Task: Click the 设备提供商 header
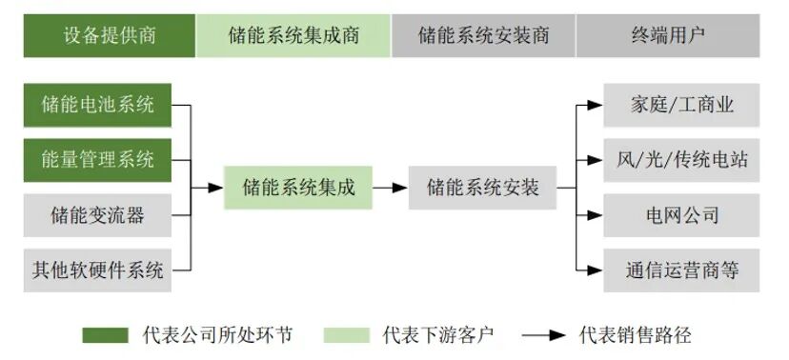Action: tap(110, 35)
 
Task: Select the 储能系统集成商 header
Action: tap(293, 35)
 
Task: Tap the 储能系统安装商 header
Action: tap(483, 35)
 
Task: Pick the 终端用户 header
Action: tap(667, 35)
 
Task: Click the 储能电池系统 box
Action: tap(98, 105)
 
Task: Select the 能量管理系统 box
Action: tap(98, 159)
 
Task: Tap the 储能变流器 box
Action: tap(98, 214)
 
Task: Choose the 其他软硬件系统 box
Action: tap(98, 270)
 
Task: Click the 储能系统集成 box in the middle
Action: tap(298, 188)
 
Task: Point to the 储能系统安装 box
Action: tap(483, 188)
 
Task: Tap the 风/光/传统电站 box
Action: tap(681, 159)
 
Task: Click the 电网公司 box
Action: tap(681, 214)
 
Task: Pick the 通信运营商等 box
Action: tap(681, 270)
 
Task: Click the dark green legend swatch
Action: tap(105, 335)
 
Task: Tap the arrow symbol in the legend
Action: tap(544, 335)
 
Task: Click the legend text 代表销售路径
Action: tap(635, 335)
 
